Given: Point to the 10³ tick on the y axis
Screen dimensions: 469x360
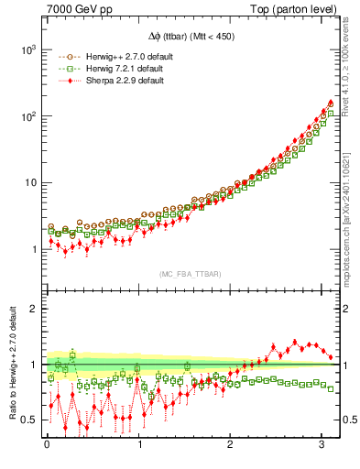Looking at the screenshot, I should (x=30, y=49).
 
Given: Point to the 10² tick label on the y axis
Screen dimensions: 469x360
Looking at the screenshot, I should (x=30, y=116).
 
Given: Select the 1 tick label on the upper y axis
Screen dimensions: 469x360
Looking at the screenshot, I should (x=36, y=249).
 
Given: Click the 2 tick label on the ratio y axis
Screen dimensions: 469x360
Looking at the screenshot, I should (x=36, y=309).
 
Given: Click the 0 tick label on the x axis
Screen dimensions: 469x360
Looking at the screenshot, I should (x=47, y=445).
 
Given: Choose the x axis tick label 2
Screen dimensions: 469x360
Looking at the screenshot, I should (x=231, y=445).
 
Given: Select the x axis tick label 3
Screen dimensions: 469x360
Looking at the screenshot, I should (x=322, y=445).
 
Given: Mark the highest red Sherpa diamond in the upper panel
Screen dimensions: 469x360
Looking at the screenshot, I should (x=330, y=103).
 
